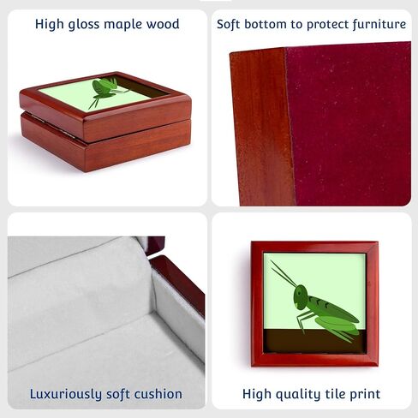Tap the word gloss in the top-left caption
[x=84, y=25]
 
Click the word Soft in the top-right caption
[x=229, y=24]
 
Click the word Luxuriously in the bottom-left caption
[x=66, y=395]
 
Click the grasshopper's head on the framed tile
[x=301, y=297]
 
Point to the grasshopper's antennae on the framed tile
[x=284, y=273]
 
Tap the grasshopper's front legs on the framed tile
[x=304, y=320]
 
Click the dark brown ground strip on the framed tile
[x=314, y=341]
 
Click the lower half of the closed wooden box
[x=105, y=143]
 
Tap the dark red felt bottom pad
[x=349, y=122]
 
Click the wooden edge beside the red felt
[x=261, y=127]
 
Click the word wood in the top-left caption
[x=163, y=24]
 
